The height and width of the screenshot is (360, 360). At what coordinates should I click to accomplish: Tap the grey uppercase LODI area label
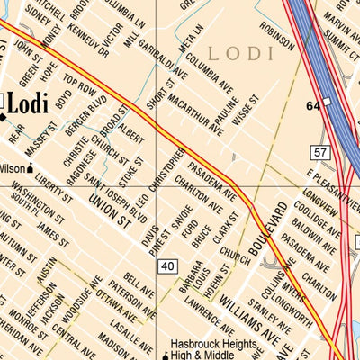coord(240,52)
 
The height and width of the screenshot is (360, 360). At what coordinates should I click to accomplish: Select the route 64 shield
coord(313,106)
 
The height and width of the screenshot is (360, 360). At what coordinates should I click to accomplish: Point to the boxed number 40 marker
coord(166,266)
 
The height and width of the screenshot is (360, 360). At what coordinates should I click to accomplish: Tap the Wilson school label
coord(13,168)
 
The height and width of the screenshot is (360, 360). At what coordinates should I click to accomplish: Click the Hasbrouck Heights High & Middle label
coord(216,351)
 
